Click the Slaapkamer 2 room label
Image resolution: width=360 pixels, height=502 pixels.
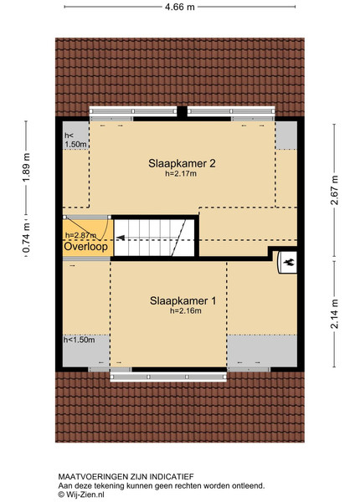pos(182,163)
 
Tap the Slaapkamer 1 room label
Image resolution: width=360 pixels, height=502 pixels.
pos(183,300)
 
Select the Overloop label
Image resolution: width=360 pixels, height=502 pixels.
pos(86,247)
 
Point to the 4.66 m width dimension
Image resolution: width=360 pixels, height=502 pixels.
pos(180,7)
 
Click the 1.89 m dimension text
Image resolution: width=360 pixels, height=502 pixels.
pos(26,167)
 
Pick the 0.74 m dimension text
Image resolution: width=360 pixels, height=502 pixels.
pos(26,238)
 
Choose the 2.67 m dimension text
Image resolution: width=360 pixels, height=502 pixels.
pos(334,190)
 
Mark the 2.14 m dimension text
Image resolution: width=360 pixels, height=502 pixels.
pos(334,314)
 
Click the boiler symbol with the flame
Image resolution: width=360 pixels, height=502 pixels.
pos(287,263)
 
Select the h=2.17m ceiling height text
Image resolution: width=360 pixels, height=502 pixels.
pos(181,174)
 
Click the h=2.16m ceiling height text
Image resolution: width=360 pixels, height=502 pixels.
pos(186,310)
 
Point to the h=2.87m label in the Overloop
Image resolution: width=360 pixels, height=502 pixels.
pos(80,235)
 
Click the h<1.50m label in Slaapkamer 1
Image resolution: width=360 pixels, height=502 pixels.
pos(79,340)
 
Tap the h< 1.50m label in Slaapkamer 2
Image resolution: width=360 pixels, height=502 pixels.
pos(75,140)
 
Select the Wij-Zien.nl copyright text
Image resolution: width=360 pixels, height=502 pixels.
pos(81,494)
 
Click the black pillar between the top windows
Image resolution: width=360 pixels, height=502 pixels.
pos(182,113)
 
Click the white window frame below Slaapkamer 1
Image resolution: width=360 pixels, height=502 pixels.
pos(168,376)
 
